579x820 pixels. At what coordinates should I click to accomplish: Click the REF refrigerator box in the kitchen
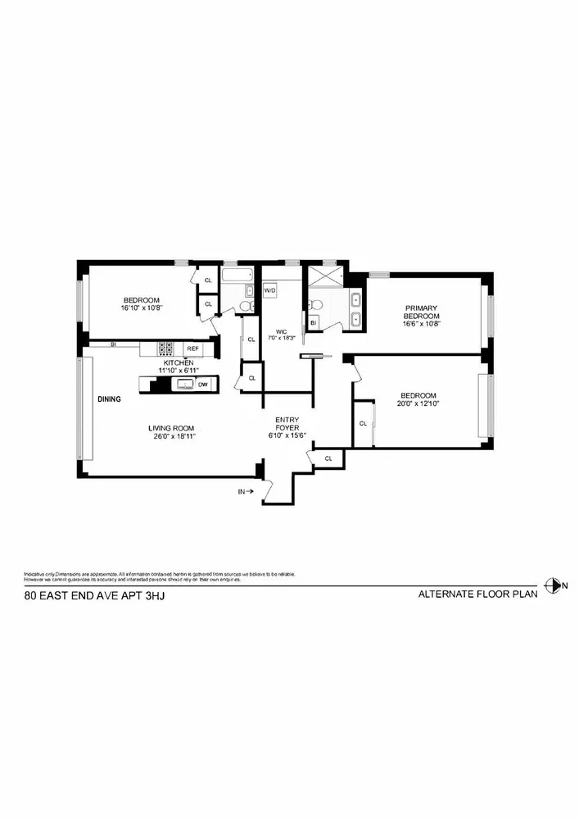click(x=193, y=348)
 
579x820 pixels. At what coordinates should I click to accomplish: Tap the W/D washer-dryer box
click(x=269, y=291)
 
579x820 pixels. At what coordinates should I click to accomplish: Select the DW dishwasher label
click(x=202, y=384)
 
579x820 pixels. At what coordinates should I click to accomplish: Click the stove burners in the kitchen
click(x=167, y=348)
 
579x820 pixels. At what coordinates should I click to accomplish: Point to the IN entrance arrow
click(x=245, y=492)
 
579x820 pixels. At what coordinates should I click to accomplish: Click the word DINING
click(x=109, y=399)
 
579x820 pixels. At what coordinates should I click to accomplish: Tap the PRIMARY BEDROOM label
click(x=422, y=312)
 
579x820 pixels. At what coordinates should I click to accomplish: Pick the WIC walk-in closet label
click(x=281, y=331)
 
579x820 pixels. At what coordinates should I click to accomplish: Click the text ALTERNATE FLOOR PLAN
click(x=477, y=595)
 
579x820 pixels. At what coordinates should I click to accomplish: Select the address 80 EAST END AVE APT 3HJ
click(x=95, y=598)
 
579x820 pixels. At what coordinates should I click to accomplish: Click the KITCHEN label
click(x=179, y=362)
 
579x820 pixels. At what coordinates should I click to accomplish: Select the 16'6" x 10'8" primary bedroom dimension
click(x=422, y=325)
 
